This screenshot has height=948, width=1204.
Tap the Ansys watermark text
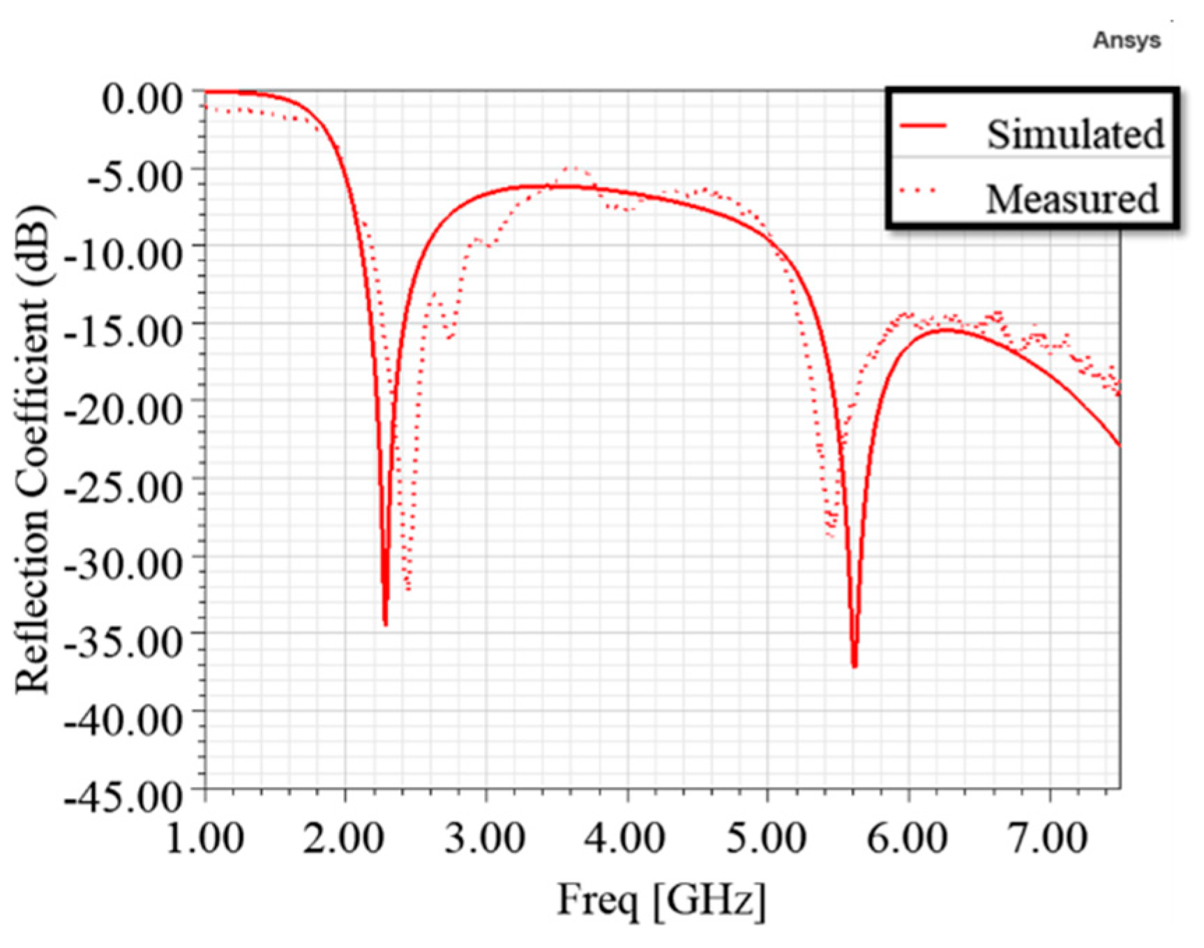click(x=1126, y=40)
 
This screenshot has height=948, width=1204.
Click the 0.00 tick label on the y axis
click(x=143, y=97)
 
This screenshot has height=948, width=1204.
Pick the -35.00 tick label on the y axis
click(x=124, y=640)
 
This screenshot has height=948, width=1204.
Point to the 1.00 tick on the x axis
click(x=205, y=836)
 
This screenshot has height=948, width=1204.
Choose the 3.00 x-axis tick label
click(x=486, y=836)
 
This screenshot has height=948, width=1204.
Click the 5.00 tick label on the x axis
click(x=767, y=836)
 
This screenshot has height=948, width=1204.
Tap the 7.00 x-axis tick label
click(x=1048, y=836)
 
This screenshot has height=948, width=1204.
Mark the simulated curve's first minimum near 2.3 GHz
click(x=385, y=624)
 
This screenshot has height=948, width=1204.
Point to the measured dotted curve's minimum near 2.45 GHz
click(x=408, y=589)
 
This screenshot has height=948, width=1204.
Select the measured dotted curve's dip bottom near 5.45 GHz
click(x=829, y=536)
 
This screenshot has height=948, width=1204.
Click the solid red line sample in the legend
click(x=923, y=126)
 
